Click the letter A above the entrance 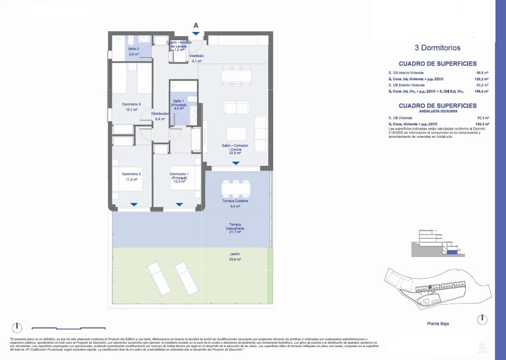coord(196,25)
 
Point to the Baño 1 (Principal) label coord(178,104)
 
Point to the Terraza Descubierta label coord(235,228)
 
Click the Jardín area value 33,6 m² coord(235,259)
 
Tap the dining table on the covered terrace coord(235,188)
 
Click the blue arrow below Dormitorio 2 coord(134,204)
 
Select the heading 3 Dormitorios coord(437,48)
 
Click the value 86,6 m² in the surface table coord(483,73)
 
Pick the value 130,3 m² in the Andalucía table coord(482,124)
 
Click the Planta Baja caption coord(438,324)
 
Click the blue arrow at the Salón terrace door coord(236,163)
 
